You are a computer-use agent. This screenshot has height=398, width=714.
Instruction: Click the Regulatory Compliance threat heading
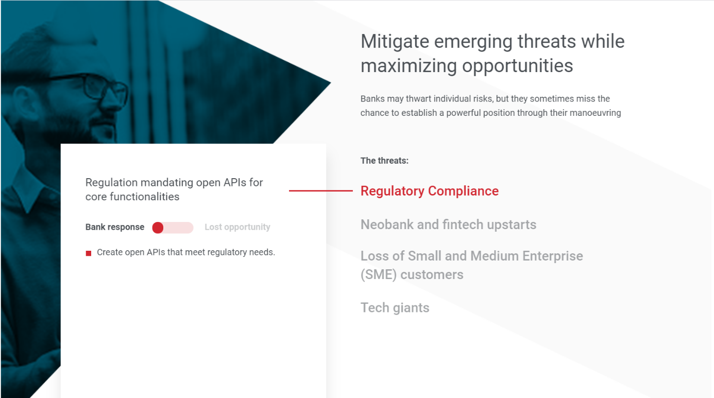[x=429, y=191]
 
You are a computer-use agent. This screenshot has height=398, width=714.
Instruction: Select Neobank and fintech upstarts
[x=448, y=224]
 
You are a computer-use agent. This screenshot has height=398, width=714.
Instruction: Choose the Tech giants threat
[x=395, y=308]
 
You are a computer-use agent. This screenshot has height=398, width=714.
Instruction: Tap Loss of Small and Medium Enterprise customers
[x=472, y=265]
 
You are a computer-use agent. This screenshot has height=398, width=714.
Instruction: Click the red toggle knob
[x=158, y=228]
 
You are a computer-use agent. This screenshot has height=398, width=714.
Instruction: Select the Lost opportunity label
[x=237, y=227]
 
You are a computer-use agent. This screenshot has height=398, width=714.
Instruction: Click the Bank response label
[x=115, y=227]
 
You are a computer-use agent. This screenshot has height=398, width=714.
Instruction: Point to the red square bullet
[x=89, y=253]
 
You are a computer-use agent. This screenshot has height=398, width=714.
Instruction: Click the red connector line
[x=320, y=191]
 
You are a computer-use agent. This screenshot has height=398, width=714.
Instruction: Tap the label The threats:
[x=384, y=161]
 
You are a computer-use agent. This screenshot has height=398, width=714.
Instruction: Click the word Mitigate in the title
[x=395, y=42]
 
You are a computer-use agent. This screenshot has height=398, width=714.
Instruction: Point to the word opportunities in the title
[x=517, y=66]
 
